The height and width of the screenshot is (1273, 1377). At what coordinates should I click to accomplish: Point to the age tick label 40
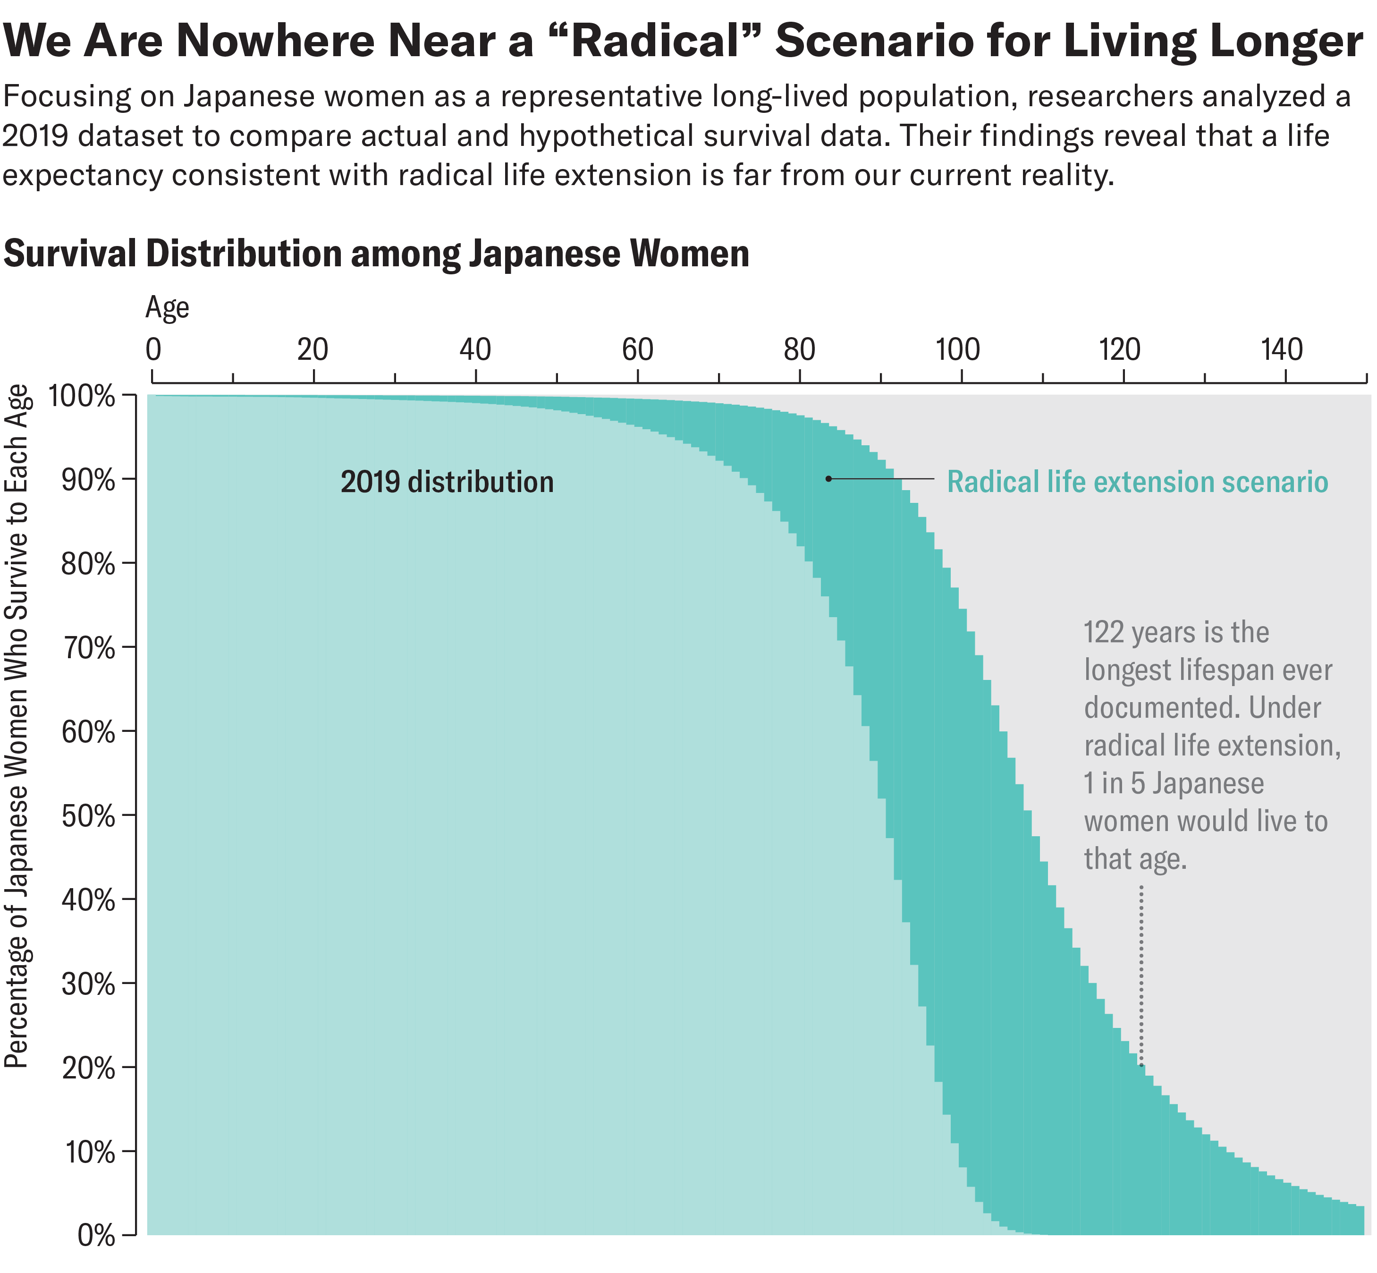click(475, 350)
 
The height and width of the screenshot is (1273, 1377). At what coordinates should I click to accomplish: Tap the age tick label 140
click(1282, 350)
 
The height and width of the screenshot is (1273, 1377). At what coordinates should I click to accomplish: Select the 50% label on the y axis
click(89, 817)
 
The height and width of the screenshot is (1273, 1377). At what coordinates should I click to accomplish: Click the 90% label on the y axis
click(89, 481)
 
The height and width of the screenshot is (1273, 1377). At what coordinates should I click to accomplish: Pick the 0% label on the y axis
click(96, 1236)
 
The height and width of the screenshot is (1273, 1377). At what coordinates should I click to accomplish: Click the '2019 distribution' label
click(447, 482)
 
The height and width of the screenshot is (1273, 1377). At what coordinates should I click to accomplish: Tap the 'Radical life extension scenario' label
click(1137, 482)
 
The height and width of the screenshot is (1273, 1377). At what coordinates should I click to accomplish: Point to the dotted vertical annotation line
click(1141, 978)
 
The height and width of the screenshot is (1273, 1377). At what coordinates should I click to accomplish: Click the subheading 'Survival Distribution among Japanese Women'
click(376, 254)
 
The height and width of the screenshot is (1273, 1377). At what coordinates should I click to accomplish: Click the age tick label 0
click(153, 350)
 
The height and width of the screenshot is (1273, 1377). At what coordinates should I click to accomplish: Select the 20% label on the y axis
click(89, 1069)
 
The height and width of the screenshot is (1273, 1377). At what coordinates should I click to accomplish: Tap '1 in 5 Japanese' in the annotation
click(1174, 784)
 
